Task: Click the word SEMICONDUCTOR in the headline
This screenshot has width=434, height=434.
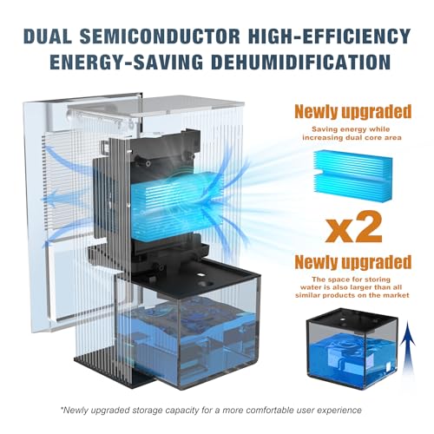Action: pyautogui.click(x=160, y=36)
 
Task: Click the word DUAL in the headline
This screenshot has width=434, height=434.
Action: pyautogui.click(x=47, y=36)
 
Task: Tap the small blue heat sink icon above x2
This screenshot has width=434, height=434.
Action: pyautogui.click(x=353, y=175)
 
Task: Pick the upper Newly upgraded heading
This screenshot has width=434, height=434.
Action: pyautogui.click(x=353, y=112)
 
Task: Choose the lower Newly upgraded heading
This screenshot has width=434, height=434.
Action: pyautogui.click(x=353, y=262)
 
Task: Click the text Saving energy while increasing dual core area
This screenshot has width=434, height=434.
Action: pyautogui.click(x=352, y=134)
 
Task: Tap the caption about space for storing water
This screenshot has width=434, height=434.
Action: pyautogui.click(x=352, y=287)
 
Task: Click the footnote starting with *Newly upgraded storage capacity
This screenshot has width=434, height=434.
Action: pyautogui.click(x=211, y=411)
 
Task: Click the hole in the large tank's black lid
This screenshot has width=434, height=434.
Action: pyautogui.click(x=207, y=284)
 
